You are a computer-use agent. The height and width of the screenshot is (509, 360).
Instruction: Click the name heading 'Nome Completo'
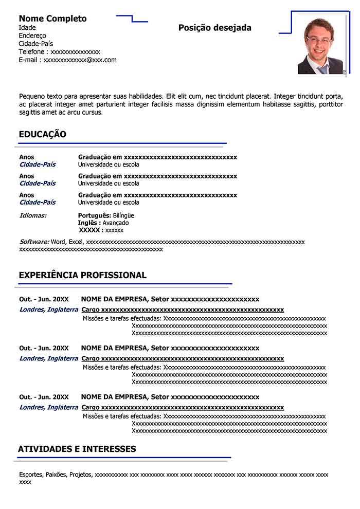point(52,19)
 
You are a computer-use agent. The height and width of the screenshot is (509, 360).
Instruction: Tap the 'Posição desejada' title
point(215,28)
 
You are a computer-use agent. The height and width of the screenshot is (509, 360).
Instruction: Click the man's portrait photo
point(320,46)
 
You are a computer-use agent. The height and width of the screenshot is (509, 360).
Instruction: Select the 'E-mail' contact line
point(67,60)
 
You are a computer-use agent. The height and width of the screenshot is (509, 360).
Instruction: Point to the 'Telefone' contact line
point(59,52)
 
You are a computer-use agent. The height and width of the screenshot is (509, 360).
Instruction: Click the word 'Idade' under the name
point(27,27)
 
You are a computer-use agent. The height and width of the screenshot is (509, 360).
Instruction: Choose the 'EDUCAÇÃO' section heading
point(42,134)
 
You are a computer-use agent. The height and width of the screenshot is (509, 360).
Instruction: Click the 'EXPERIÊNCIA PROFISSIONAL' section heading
point(82,275)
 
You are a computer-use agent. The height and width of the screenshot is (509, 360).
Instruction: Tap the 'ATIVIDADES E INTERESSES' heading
point(77,449)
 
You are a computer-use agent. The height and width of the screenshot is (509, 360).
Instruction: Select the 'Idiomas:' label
point(32,215)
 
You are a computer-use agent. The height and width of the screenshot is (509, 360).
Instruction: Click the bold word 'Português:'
point(94,215)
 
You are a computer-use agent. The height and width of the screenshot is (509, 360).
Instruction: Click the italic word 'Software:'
point(34,242)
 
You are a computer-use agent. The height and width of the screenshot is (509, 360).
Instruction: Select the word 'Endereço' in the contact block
point(32,35)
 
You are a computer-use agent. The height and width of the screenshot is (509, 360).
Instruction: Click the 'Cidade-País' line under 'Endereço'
point(35,44)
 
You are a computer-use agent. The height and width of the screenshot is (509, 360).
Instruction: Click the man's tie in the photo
point(322,69)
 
